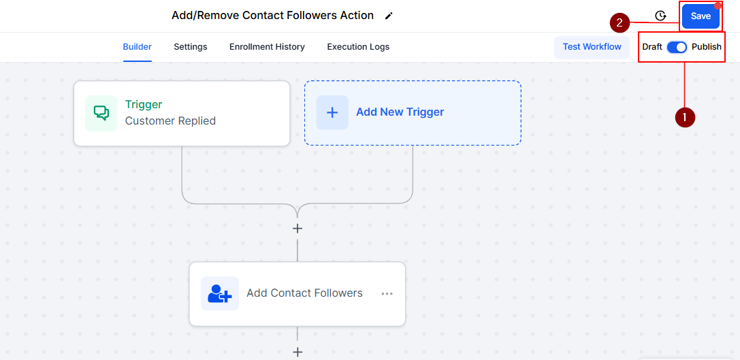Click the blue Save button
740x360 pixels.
(701, 16)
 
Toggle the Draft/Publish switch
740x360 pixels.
(677, 47)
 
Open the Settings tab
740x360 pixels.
(191, 47)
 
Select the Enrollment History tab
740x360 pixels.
(267, 47)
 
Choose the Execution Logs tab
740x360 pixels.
(358, 47)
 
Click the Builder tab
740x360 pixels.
(137, 47)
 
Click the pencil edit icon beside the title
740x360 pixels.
(389, 16)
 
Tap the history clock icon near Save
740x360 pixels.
(660, 16)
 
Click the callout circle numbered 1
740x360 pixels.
(684, 117)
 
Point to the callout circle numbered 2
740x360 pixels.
(619, 22)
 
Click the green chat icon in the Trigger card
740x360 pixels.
(101, 113)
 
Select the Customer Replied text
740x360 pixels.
(170, 121)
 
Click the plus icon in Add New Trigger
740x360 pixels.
(332, 112)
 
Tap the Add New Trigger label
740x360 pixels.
(400, 112)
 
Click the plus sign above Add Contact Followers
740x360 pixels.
(297, 229)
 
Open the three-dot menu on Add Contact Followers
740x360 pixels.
(387, 294)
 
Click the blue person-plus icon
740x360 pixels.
(220, 294)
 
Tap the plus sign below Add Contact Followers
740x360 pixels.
(297, 352)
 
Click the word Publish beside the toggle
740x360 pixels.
(707, 47)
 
